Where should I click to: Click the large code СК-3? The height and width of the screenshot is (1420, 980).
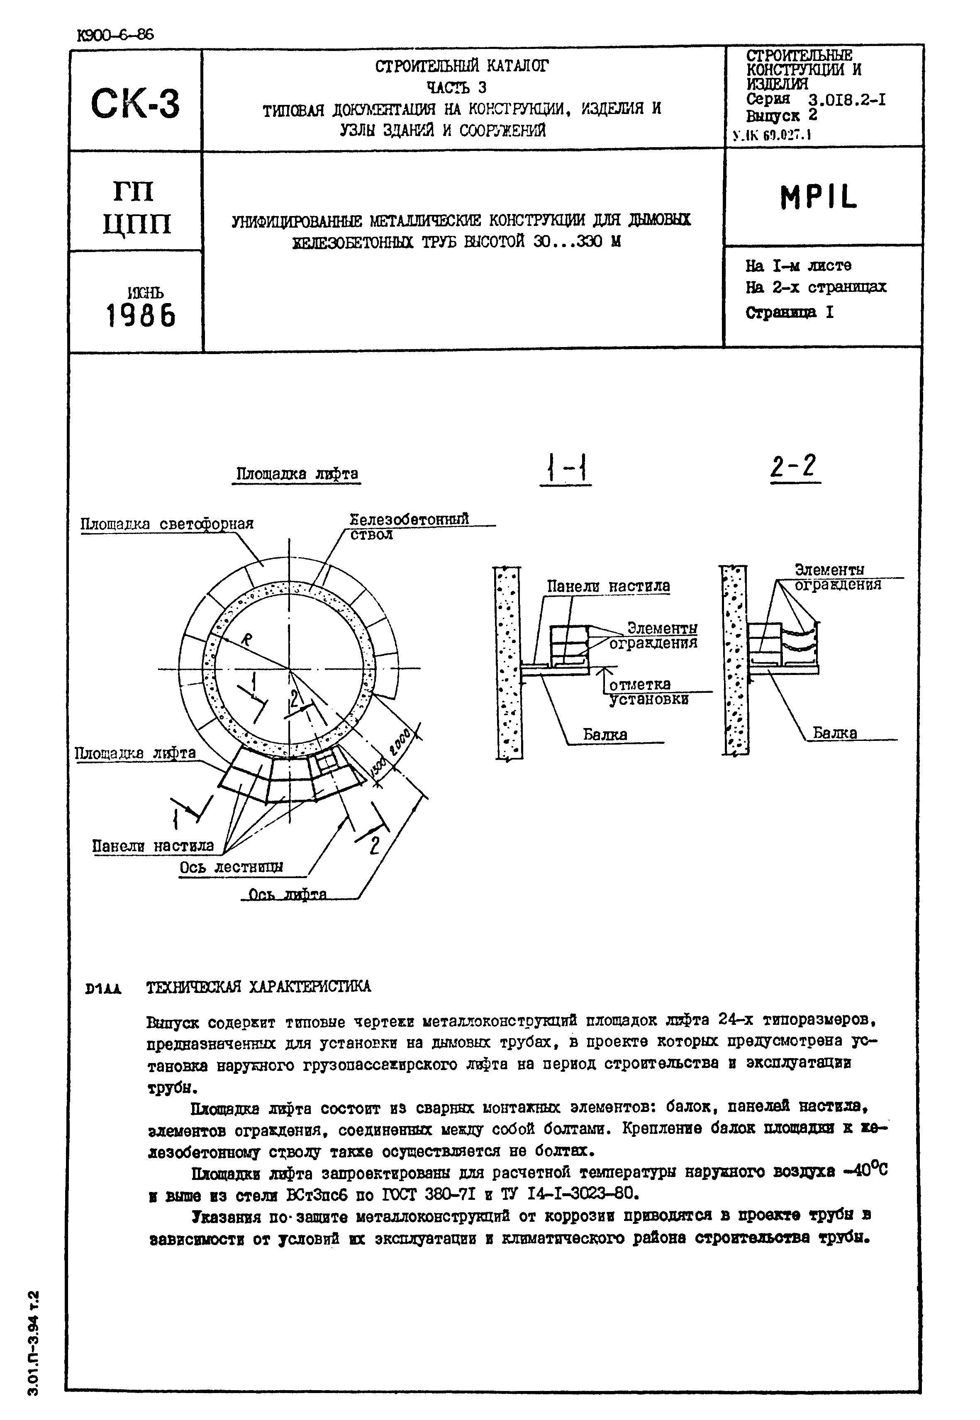tap(135, 103)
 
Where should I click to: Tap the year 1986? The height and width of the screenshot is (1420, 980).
tap(141, 316)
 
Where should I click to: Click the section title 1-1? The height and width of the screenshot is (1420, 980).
tap(566, 470)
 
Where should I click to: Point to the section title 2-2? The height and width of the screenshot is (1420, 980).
tap(795, 468)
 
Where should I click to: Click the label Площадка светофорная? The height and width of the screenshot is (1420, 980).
tap(167, 524)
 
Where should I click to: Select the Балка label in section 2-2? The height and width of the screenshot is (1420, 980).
tap(834, 733)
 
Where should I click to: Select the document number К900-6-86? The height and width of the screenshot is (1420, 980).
tap(115, 35)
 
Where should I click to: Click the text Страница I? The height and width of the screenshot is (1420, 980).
tap(790, 312)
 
